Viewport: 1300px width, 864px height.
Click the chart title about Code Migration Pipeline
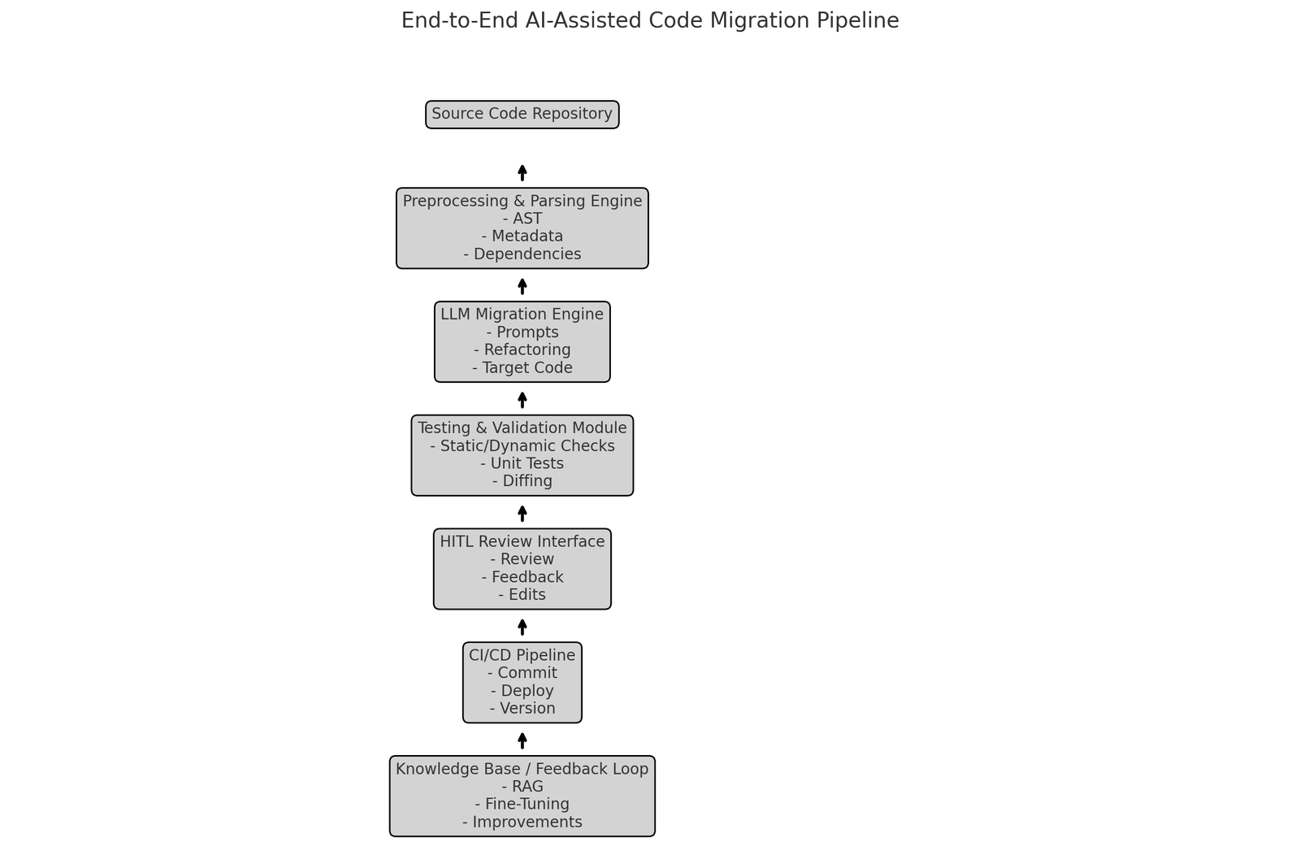point(650,21)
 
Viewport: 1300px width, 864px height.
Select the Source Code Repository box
point(522,115)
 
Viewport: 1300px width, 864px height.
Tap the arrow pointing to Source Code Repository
point(522,172)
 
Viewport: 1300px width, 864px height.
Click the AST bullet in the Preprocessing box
point(522,219)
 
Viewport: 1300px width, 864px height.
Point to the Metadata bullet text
point(522,237)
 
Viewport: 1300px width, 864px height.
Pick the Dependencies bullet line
point(522,254)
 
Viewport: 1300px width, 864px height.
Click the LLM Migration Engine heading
point(522,315)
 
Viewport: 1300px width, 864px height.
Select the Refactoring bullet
point(522,350)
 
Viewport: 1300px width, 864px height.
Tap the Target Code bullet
point(522,368)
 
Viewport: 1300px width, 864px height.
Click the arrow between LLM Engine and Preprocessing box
point(522,286)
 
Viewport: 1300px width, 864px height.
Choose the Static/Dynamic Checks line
point(522,446)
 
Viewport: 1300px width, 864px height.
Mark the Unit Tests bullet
point(522,464)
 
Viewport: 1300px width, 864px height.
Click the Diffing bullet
point(522,481)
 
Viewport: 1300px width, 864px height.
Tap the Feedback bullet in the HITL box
point(522,577)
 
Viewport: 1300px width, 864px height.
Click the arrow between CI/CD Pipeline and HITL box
point(522,627)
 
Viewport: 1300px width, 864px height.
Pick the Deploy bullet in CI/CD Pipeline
point(522,691)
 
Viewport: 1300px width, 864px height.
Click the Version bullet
point(522,709)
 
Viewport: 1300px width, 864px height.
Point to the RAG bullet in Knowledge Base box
point(522,787)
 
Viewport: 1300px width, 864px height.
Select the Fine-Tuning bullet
point(522,805)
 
